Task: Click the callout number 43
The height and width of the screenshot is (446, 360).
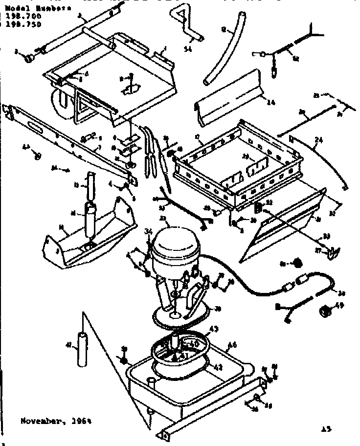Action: pos(214,328)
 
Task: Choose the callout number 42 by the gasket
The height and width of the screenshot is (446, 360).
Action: pos(219,367)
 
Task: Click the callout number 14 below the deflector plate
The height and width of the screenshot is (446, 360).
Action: pos(271,102)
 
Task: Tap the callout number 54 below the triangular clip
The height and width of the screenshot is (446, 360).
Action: pos(187,48)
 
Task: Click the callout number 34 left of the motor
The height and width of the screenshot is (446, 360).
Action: pos(148,231)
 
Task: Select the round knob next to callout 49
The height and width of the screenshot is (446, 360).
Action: pos(324,311)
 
